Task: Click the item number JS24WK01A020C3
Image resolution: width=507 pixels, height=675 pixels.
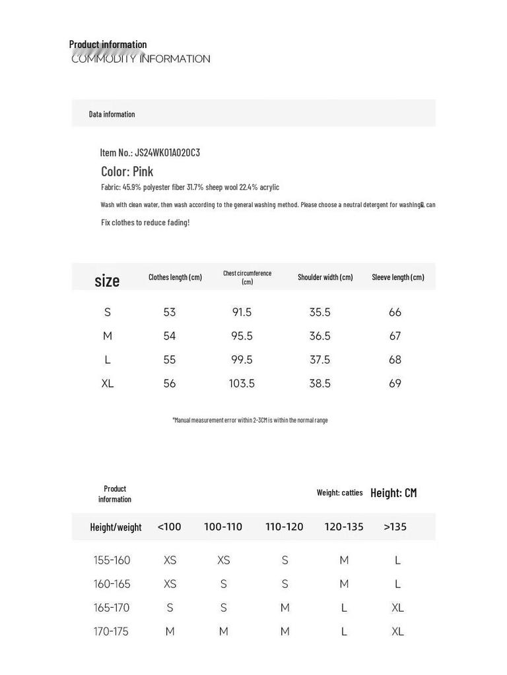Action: point(150,153)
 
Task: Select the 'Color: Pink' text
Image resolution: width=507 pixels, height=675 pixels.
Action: point(127,172)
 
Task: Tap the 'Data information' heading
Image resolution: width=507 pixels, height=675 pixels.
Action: point(112,115)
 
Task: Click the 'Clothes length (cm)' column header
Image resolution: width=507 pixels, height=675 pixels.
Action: point(175,278)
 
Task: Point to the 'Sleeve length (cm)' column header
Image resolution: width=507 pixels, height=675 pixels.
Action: point(397,278)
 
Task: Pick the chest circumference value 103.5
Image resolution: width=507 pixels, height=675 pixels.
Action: point(242,384)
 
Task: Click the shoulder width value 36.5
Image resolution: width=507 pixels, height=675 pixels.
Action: point(320,336)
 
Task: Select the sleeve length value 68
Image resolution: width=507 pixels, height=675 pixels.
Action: point(395,360)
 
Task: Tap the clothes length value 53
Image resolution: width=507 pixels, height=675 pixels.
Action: point(170,312)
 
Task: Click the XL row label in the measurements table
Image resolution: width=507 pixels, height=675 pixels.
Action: point(108,384)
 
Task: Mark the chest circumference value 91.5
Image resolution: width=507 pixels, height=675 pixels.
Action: point(242,312)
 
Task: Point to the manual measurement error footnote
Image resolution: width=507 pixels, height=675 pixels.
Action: point(250,420)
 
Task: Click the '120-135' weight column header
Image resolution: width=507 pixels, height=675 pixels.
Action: point(343,527)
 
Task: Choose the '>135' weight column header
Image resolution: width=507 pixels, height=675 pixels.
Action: point(395,527)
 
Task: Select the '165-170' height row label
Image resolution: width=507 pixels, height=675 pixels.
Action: point(112,608)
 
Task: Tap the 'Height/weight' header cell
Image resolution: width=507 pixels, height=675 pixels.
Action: point(116,527)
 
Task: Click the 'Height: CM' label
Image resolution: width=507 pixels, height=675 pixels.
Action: point(393,493)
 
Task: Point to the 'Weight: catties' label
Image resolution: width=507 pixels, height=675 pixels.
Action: point(339,493)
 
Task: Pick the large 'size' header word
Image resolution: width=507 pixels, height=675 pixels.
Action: point(107,281)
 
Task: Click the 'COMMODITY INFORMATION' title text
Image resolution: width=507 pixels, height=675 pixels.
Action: point(141,59)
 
